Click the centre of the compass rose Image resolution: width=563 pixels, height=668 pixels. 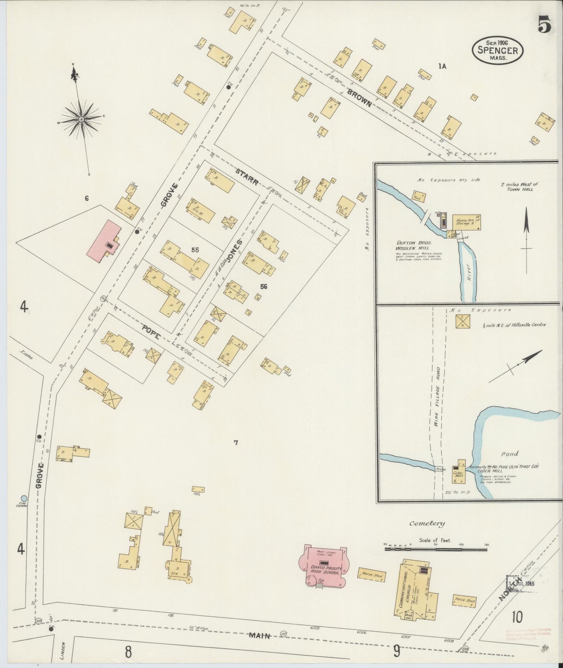click(x=81, y=118)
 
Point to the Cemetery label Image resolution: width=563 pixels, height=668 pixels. click(x=427, y=523)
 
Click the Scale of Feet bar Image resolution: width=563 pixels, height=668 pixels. click(x=436, y=549)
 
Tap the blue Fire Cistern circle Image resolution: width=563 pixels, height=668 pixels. click(x=24, y=498)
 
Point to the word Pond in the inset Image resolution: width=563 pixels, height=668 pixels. click(x=509, y=454)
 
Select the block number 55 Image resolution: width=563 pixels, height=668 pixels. click(x=195, y=250)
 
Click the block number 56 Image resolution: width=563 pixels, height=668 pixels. click(x=264, y=286)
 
